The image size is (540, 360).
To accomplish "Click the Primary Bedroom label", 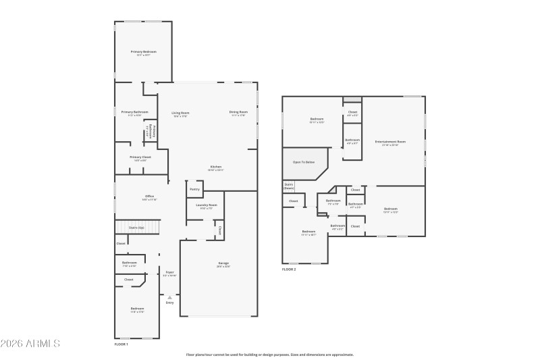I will click(144, 52).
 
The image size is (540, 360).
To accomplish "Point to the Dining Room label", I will click(239, 112).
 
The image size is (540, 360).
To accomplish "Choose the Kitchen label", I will click(216, 167).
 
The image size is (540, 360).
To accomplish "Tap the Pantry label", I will click(194, 190).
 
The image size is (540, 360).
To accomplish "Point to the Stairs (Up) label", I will click(137, 228).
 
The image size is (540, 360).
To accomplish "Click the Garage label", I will click(223, 263).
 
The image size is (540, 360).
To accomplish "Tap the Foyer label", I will click(169, 272).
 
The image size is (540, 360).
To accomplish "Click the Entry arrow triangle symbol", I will click(169, 297).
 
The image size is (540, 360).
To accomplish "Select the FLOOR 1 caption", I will click(121, 344).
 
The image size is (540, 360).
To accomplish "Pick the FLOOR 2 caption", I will click(289, 269).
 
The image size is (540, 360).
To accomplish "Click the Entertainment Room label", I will click(390, 142).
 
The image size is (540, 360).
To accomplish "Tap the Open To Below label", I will click(304, 162).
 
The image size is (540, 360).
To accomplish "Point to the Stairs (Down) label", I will click(288, 186).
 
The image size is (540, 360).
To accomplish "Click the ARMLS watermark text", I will click(30, 344).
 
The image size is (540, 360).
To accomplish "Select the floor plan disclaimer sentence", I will click(270, 354).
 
